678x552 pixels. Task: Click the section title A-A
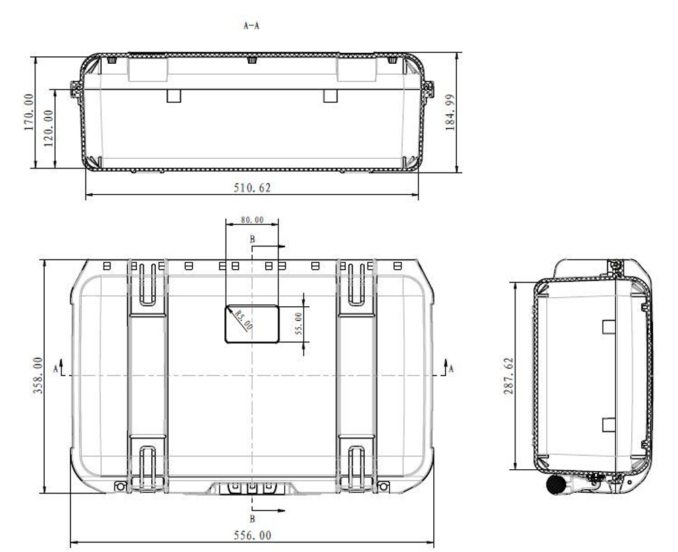tap(252, 25)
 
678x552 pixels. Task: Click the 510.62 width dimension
tap(252, 188)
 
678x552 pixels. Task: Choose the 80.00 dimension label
tap(252, 220)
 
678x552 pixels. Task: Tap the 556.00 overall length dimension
tap(252, 535)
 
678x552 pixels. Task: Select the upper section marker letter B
tap(252, 240)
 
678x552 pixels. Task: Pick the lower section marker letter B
tap(252, 519)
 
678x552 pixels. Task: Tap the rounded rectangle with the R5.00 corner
tap(252, 324)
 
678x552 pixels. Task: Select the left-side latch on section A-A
tap(75, 89)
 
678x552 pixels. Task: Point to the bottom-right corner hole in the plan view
tap(383, 485)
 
